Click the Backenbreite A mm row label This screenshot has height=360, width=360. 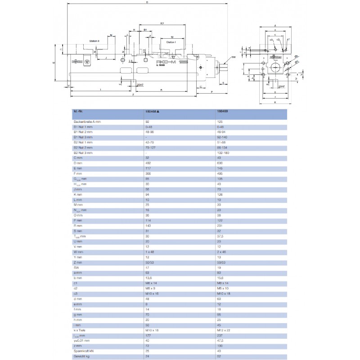click(87, 122)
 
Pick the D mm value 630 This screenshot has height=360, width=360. click(220, 163)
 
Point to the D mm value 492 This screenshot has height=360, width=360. click(145, 163)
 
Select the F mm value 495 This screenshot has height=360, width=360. click(220, 174)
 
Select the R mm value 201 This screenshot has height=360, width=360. click(220, 225)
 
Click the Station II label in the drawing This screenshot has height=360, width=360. click(94, 41)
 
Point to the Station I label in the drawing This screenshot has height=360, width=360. click(171, 42)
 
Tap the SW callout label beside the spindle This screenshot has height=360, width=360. click(234, 58)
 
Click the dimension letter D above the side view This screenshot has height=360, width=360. click(148, 3)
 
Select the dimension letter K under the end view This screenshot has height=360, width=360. click(274, 103)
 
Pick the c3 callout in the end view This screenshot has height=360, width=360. click(271, 40)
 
